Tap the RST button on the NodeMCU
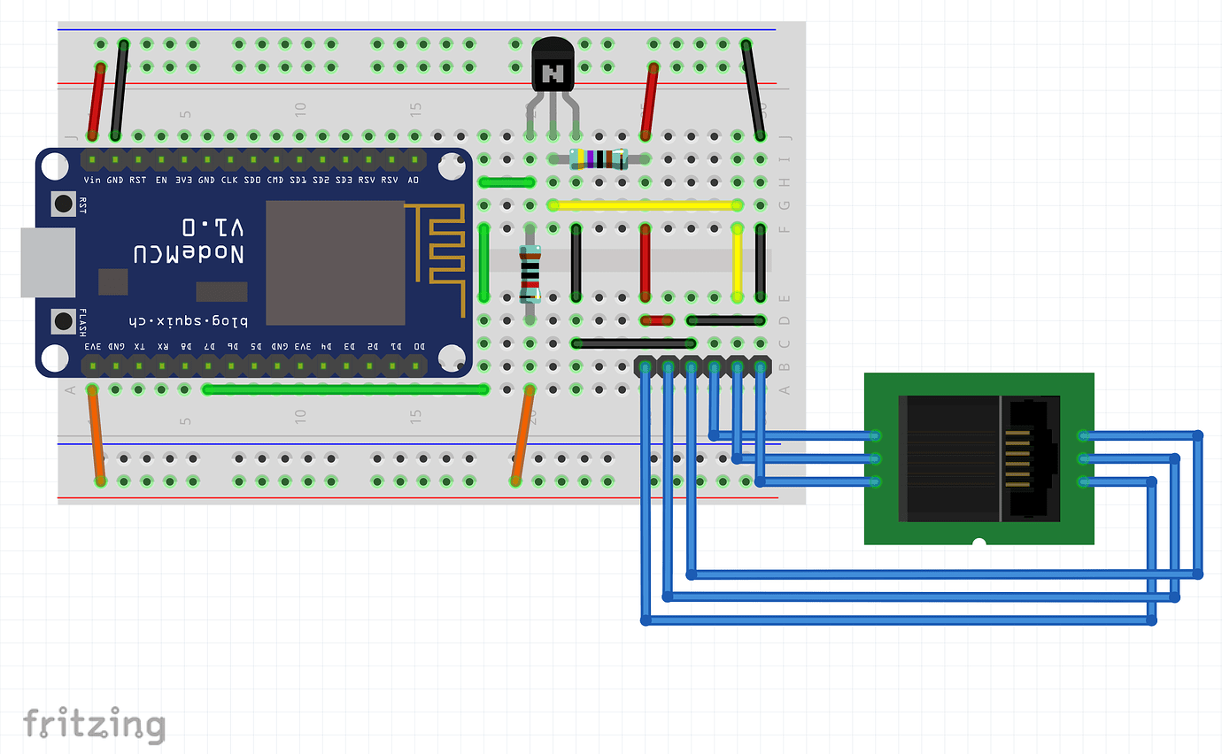[63, 204]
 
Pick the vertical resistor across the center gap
[530, 274]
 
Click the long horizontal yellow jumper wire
[645, 205]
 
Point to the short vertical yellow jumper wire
[737, 263]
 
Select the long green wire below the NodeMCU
[345, 389]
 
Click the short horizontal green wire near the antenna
[507, 183]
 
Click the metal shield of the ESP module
[335, 263]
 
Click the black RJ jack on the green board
[978, 458]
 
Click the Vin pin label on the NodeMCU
[92, 180]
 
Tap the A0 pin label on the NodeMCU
[414, 180]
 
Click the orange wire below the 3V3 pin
[96, 435]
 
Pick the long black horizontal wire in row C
[633, 343]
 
